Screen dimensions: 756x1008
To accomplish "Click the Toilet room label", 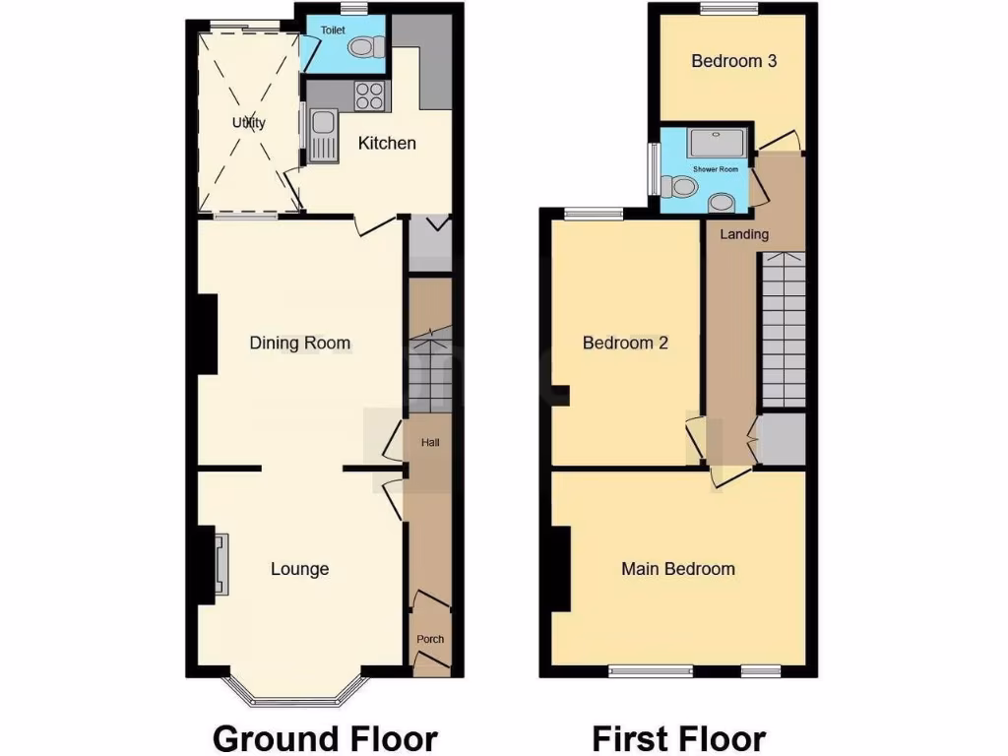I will pos(333,31).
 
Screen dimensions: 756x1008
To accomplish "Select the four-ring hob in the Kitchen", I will pos(370,95).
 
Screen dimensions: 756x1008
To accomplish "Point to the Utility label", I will pos(249,123).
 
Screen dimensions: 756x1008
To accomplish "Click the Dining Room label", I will pos(300,344).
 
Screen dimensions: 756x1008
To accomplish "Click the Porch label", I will pos(430,639).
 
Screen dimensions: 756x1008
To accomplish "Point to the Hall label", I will pos(430,443).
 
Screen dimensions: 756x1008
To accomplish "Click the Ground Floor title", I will pos(325,737).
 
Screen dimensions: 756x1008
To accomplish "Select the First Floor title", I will pos(678,737).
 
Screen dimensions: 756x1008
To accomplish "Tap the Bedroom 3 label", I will pos(733,61).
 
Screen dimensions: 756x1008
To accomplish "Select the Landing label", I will pos(744,234).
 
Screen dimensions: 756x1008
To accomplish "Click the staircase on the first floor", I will pos(784,330).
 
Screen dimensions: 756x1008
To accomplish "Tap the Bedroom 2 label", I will pos(625,344).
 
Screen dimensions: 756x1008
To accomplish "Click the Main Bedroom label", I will pos(677,569).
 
